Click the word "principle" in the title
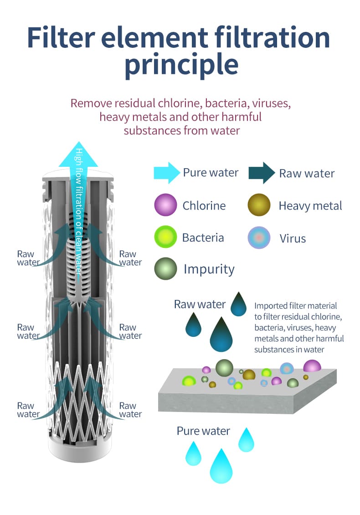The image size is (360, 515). (x=182, y=65)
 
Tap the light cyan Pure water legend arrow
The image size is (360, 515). (x=166, y=172)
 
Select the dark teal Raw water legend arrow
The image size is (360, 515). (x=262, y=173)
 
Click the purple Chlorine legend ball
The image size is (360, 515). (x=165, y=205)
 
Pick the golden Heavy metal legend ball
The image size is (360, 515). (x=259, y=205)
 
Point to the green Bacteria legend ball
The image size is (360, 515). (x=165, y=237)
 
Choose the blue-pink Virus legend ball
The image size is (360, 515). (x=259, y=237)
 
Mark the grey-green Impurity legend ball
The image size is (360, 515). (x=165, y=269)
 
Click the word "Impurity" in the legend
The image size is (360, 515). (x=209, y=269)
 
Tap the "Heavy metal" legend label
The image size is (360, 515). (x=310, y=206)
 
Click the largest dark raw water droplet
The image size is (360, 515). (x=221, y=335)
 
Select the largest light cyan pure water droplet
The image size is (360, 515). (x=221, y=466)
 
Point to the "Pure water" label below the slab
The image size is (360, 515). (x=203, y=431)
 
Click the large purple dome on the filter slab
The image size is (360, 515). (x=312, y=366)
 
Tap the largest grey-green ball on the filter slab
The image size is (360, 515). (x=224, y=368)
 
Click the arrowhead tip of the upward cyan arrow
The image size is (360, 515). (x=79, y=142)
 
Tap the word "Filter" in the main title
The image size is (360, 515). (x=62, y=37)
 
